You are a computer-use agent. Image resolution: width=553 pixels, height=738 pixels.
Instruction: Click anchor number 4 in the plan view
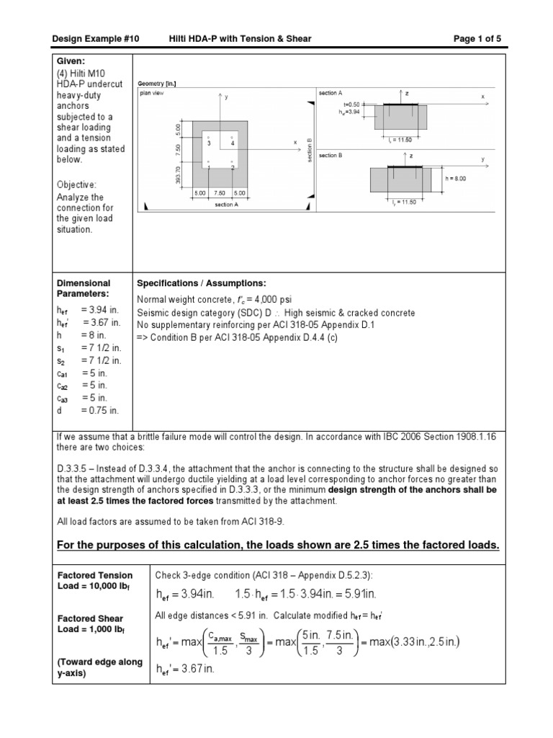[x=233, y=143]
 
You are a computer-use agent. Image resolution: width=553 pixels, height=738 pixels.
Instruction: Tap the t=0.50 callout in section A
[x=351, y=104]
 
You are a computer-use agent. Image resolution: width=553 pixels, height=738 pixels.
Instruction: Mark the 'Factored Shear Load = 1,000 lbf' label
[x=91, y=624]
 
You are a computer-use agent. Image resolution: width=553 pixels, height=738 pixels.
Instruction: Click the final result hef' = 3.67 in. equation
[x=185, y=669]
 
